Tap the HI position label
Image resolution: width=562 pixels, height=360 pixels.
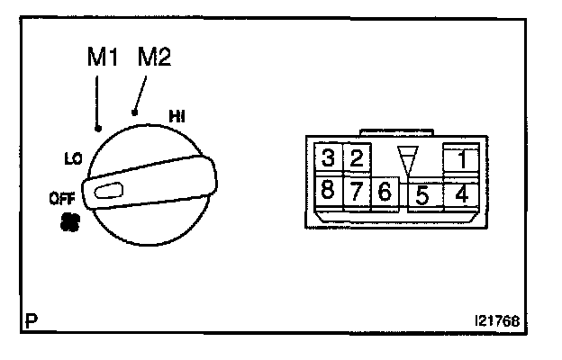(x=177, y=114)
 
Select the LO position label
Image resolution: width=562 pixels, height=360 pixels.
(x=74, y=159)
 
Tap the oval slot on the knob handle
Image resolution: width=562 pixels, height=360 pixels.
(x=113, y=190)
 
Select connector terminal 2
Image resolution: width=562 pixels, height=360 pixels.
(x=357, y=159)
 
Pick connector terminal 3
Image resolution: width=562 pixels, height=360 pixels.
(x=329, y=159)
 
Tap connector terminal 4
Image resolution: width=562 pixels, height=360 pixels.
(x=460, y=192)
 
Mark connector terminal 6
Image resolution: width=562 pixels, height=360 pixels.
(x=385, y=192)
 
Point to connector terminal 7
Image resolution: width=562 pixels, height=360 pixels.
(x=357, y=191)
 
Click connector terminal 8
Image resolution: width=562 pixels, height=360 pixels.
(x=329, y=191)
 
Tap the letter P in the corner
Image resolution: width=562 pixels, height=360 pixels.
(x=31, y=319)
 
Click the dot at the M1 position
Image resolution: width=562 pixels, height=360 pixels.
(x=97, y=129)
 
